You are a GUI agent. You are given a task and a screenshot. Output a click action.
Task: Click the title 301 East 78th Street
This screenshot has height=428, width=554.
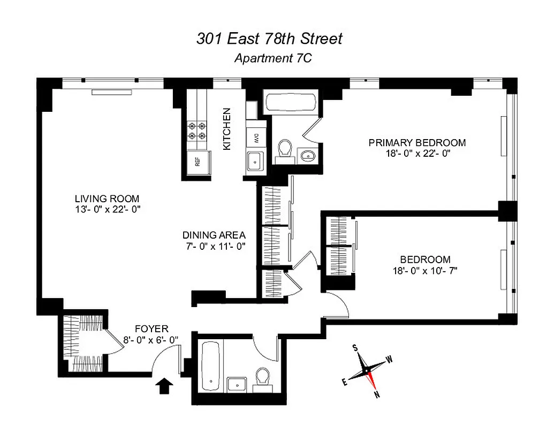pyautogui.click(x=269, y=39)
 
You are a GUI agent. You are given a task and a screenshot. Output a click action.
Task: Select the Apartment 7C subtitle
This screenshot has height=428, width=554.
pyautogui.click(x=272, y=59)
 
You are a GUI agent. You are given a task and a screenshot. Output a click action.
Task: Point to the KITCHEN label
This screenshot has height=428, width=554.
pyautogui.click(x=227, y=129)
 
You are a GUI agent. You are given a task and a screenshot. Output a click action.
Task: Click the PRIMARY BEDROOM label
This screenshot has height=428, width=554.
pyautogui.click(x=416, y=143)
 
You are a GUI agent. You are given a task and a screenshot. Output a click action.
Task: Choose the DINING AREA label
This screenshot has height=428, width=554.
pyautogui.click(x=214, y=235)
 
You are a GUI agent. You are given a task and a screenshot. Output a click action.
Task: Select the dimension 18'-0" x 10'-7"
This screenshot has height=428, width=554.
pyautogui.click(x=424, y=271)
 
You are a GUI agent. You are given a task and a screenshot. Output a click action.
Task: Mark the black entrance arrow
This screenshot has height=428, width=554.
pyautogui.click(x=164, y=385)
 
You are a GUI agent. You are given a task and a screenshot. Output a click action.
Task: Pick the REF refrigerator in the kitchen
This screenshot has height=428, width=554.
pyautogui.click(x=196, y=162)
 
